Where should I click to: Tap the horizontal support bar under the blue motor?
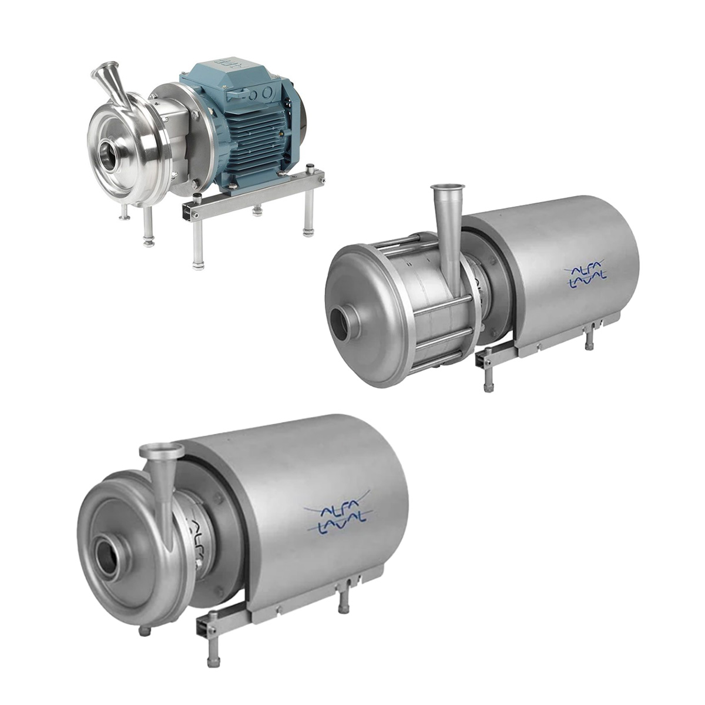pos(253,191)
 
